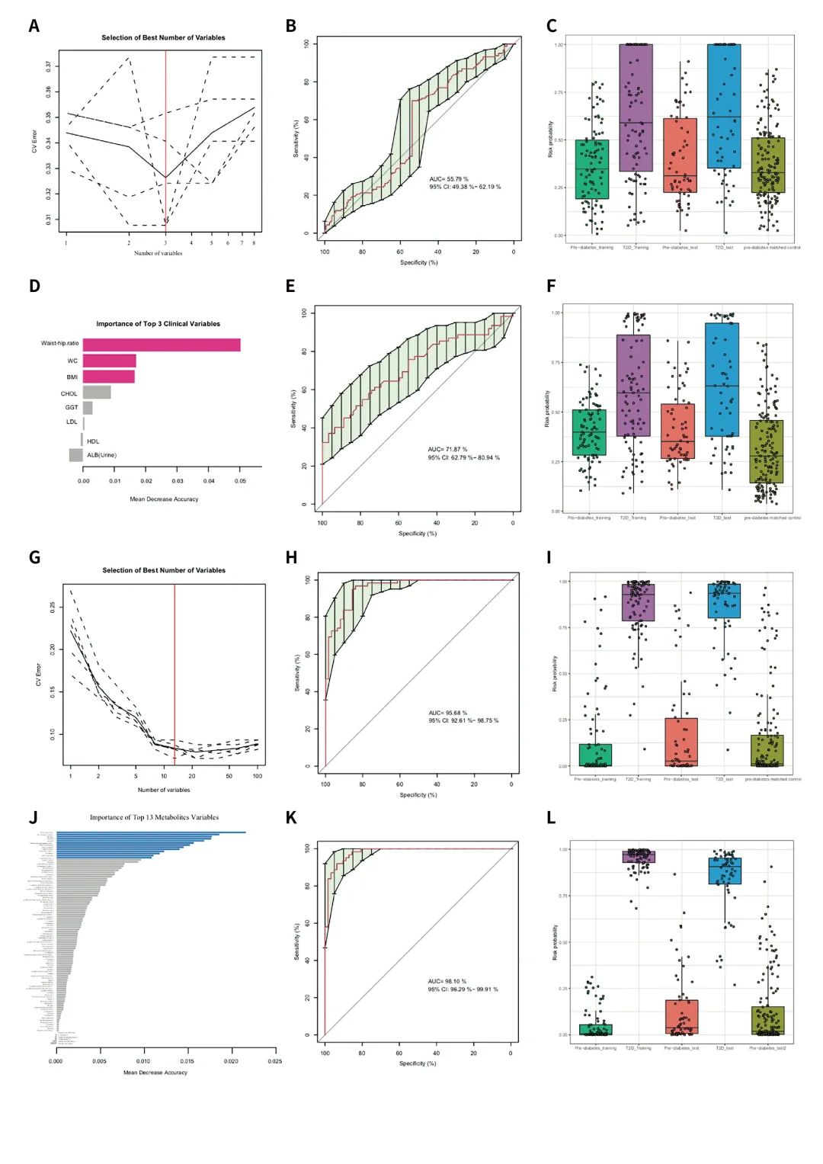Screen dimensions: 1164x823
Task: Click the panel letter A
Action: click(x=34, y=26)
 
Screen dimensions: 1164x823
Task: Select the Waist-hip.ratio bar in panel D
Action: click(x=161, y=345)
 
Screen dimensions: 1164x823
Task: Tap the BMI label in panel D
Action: click(x=72, y=377)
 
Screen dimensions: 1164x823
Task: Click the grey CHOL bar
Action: click(x=97, y=393)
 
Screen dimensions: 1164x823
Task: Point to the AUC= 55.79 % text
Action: click(x=449, y=179)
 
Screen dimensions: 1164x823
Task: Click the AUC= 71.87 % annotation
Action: click(x=447, y=450)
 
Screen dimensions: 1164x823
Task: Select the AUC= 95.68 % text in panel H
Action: click(x=448, y=713)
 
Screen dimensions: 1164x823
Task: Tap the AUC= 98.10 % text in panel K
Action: click(x=447, y=982)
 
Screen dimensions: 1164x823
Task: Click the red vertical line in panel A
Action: click(x=165, y=137)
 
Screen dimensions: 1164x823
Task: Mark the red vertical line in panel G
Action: click(x=175, y=671)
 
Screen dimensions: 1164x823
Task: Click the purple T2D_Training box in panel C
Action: click(x=636, y=107)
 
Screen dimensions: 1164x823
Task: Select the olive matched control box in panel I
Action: click(x=767, y=750)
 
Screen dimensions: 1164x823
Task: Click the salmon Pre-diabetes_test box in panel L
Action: click(x=681, y=1017)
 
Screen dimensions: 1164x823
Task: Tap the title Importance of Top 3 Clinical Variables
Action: click(x=158, y=324)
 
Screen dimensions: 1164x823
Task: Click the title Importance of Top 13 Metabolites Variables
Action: click(x=154, y=817)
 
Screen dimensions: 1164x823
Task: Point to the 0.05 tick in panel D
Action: click(x=240, y=481)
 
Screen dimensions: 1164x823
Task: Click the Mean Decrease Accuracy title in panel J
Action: click(x=155, y=1073)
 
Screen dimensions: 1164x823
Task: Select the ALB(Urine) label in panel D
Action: click(x=101, y=455)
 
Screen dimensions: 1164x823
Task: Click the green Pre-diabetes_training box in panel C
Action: click(x=592, y=169)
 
